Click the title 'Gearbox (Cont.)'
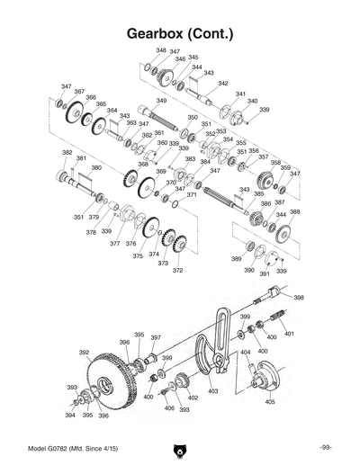(x=180, y=34)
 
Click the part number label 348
(x=161, y=50)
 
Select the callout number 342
(x=223, y=83)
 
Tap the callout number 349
(x=161, y=101)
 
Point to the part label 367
(x=79, y=92)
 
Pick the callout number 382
(x=67, y=152)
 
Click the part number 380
(x=96, y=167)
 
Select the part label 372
(x=177, y=270)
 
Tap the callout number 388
(x=294, y=212)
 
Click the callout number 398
(x=298, y=297)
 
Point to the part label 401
(x=289, y=334)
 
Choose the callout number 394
(x=69, y=416)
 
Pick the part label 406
(x=169, y=408)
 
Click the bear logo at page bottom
(x=179, y=448)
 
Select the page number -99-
(x=325, y=448)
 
